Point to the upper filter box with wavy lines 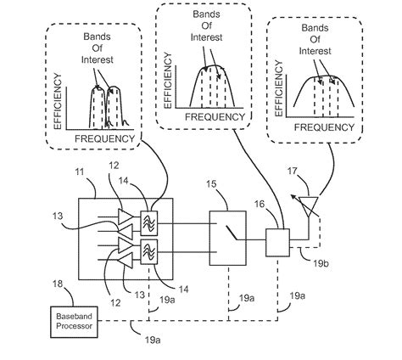(154, 217)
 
